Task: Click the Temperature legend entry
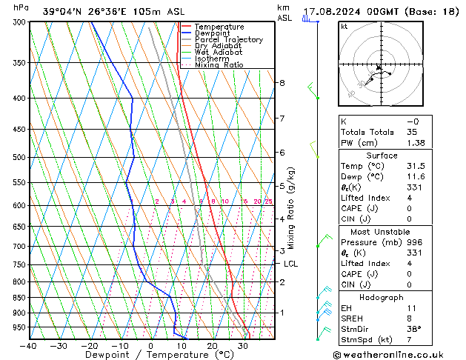point(219,27)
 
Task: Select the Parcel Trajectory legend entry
point(228,39)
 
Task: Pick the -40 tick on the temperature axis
point(30,346)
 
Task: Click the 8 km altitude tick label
point(282,83)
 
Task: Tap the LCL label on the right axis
point(290,264)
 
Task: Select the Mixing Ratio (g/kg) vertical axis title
point(290,208)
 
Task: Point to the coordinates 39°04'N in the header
point(62,12)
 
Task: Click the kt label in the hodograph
point(344,27)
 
